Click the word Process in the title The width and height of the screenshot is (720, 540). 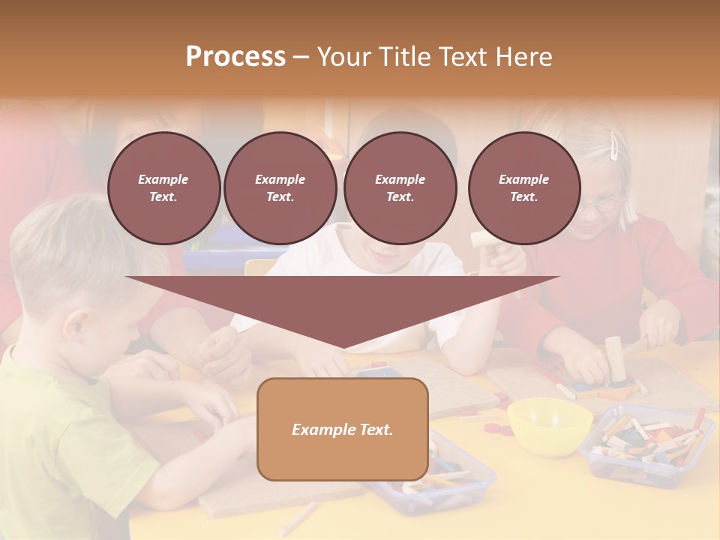click(235, 57)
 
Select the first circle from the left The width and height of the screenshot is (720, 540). click(163, 188)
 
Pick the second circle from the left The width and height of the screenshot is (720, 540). click(280, 188)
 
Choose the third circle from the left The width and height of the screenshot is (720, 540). click(400, 188)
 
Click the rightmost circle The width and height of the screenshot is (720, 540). click(524, 188)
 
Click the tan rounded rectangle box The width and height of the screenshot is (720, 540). click(342, 429)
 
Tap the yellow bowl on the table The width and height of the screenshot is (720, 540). click(549, 424)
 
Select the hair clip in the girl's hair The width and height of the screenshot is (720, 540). click(615, 145)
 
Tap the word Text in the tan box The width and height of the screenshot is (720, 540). click(375, 430)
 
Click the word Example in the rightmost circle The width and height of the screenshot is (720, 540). click(524, 179)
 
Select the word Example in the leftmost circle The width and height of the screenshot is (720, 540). click(163, 179)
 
